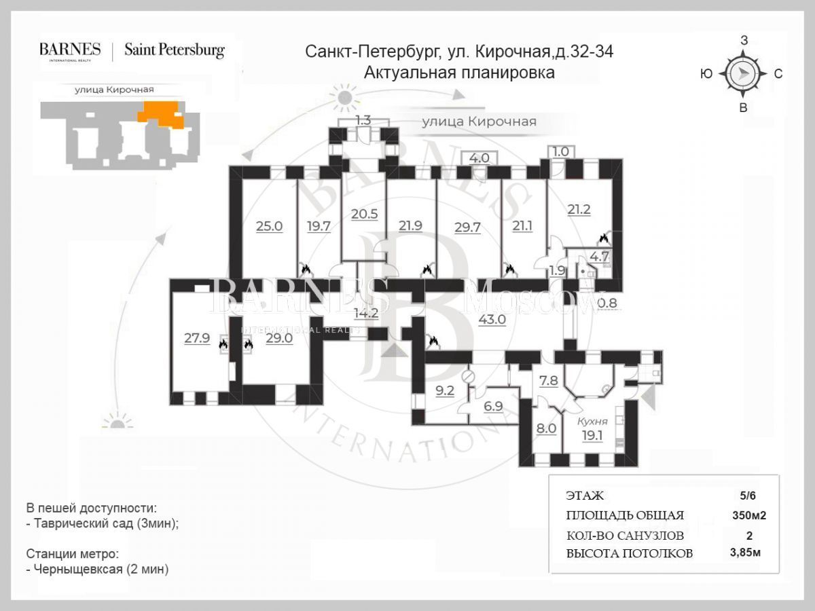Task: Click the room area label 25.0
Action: (x=269, y=226)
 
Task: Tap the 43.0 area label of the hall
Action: (x=492, y=319)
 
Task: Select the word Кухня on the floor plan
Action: (x=592, y=422)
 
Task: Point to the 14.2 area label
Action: (x=365, y=313)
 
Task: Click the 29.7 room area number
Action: (x=467, y=227)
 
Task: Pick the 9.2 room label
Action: (x=444, y=390)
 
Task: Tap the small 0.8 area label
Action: (x=608, y=303)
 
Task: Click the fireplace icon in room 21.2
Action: (x=602, y=238)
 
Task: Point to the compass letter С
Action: (x=778, y=74)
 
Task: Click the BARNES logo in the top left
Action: (x=70, y=50)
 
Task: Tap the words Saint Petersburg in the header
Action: (x=174, y=50)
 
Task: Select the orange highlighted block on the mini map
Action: (x=160, y=112)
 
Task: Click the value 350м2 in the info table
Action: (x=748, y=515)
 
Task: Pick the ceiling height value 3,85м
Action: (x=745, y=553)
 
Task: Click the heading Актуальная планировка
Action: (x=459, y=73)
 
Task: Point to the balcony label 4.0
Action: (x=479, y=158)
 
